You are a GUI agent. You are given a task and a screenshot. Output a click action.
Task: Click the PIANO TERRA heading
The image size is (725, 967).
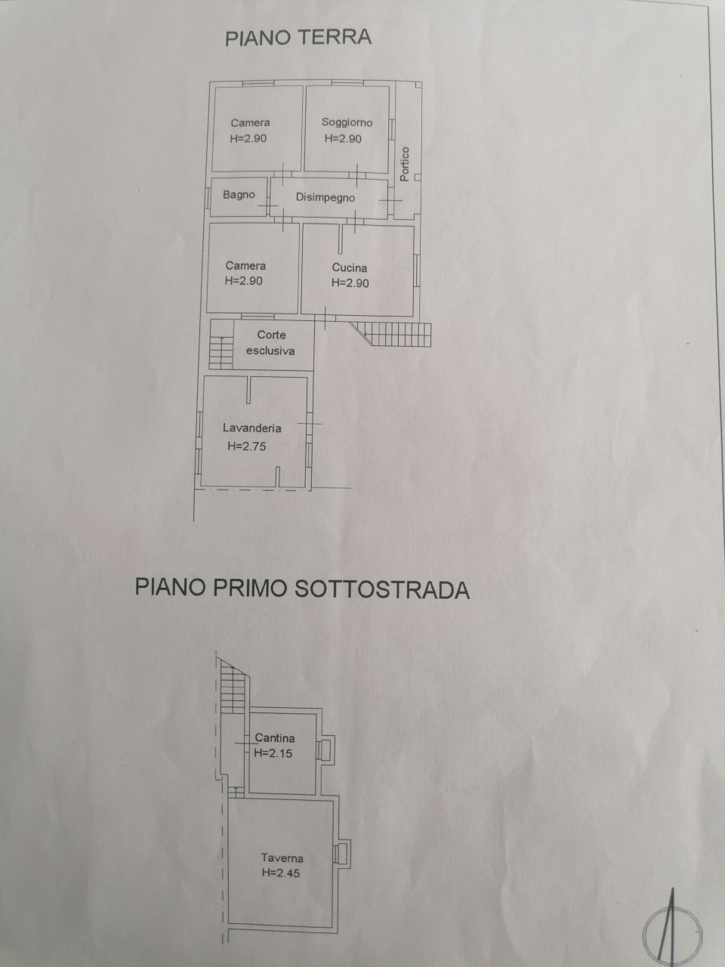(298, 38)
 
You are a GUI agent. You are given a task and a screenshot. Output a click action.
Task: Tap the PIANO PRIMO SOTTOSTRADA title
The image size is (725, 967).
(302, 588)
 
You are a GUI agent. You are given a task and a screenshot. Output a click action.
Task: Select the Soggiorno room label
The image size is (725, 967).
(347, 122)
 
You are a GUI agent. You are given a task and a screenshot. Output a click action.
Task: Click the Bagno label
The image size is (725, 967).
(239, 195)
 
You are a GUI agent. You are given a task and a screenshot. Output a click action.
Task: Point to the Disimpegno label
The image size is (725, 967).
(325, 197)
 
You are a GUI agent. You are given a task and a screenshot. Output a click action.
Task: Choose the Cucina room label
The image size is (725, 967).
(350, 267)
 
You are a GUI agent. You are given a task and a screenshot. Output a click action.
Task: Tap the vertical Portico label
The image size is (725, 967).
(405, 164)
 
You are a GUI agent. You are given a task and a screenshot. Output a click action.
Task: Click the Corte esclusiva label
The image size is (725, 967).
(270, 343)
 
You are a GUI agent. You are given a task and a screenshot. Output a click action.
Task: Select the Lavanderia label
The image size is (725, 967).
(251, 428)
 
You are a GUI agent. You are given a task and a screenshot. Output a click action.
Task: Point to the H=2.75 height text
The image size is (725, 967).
(247, 446)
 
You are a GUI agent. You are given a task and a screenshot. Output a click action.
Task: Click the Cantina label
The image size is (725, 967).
(275, 737)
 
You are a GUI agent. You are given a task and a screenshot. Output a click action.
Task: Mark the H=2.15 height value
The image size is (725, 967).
(273, 753)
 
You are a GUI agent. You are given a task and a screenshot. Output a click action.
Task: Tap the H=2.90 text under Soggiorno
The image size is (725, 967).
(343, 138)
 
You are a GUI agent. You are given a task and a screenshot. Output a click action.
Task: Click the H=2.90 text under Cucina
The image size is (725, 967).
(350, 283)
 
